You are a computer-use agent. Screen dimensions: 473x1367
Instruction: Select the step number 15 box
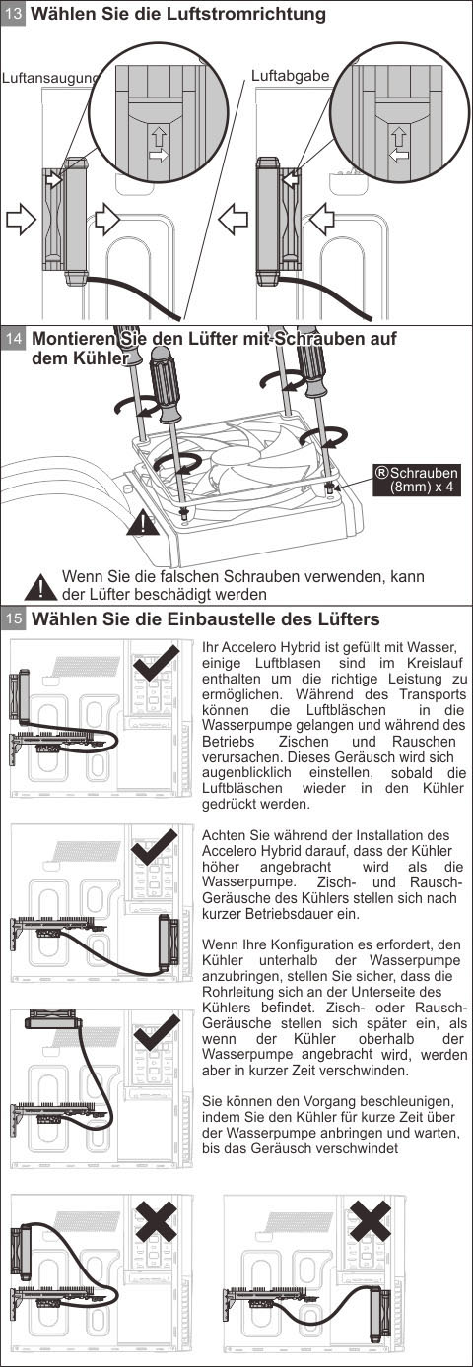tap(14, 619)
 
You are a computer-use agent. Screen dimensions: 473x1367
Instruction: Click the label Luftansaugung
tap(50, 79)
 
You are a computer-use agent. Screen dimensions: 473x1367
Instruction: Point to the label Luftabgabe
tap(290, 76)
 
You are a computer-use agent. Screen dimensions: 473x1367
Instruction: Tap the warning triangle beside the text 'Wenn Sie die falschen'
tap(40, 586)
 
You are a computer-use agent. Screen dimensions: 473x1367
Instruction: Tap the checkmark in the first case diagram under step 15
tap(157, 663)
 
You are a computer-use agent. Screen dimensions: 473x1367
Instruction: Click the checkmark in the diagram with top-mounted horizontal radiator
tap(157, 1032)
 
